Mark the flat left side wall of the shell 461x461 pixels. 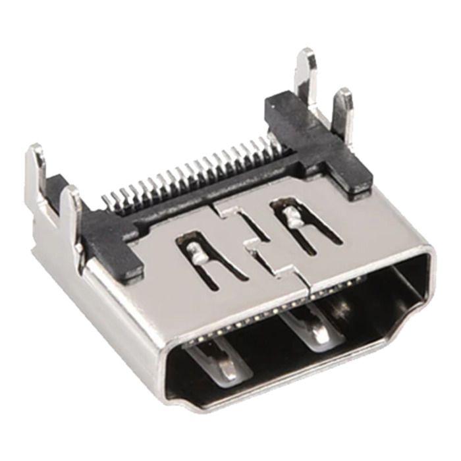coord(112,310)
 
